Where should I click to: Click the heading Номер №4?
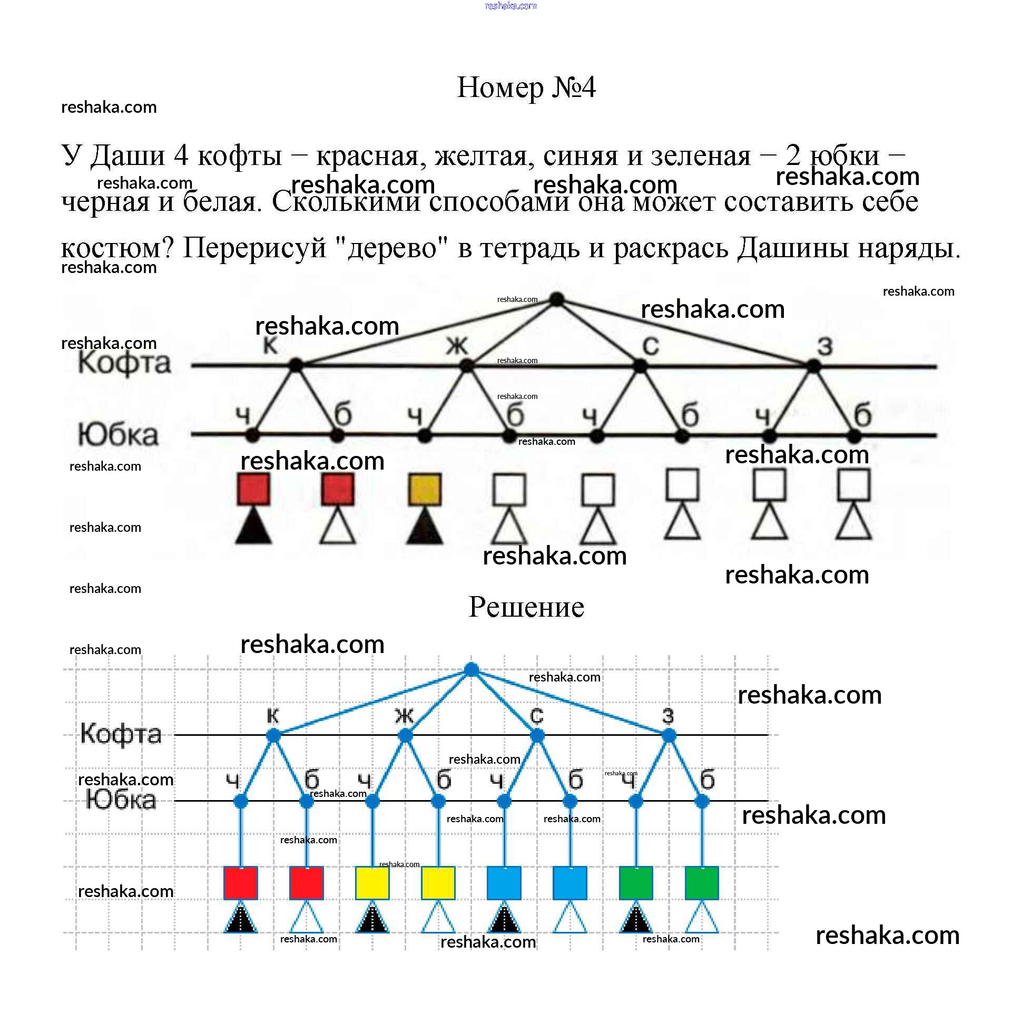526,87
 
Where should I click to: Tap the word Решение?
526,607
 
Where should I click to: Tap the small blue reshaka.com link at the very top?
510,6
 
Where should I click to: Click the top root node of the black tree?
556,299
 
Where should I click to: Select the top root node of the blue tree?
471,670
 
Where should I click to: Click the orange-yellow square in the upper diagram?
425,489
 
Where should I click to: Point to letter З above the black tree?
825,346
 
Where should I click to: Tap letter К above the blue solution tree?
272,716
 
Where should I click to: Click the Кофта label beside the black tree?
125,363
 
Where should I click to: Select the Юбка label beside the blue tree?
121,799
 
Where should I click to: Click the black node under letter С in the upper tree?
640,366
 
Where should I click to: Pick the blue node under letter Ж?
405,735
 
